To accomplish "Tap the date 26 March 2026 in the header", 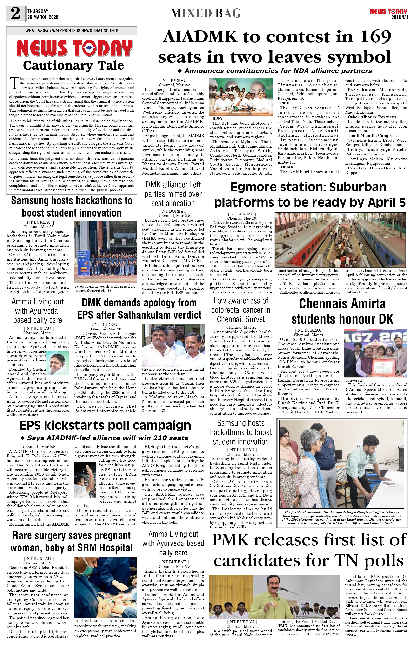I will point(42,17).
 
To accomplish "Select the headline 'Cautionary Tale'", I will point(73,65).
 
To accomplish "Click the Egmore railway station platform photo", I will point(341,240).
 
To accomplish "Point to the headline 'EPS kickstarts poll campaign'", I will point(105,425).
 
